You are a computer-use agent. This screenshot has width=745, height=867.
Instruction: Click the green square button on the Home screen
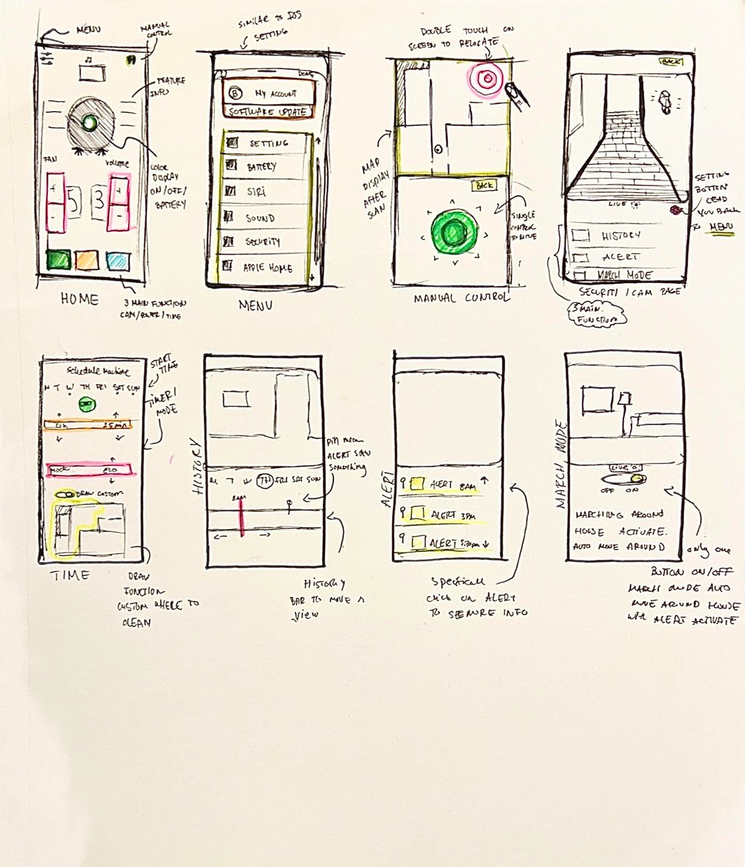58,259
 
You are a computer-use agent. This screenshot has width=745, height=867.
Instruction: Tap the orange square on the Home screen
87,260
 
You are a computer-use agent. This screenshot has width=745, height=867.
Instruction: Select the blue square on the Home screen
116,260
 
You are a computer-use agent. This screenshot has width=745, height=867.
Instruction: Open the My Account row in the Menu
269,93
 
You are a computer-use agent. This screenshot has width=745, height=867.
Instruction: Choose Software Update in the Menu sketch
269,112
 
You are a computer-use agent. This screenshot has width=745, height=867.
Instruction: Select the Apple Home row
266,267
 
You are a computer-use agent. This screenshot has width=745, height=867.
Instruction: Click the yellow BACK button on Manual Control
483,186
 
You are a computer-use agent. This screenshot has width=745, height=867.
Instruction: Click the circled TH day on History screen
266,480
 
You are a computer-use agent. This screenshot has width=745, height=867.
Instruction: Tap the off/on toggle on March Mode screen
626,480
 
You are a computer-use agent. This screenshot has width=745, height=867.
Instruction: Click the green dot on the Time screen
87,405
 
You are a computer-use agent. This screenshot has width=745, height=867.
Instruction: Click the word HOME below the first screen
80,298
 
